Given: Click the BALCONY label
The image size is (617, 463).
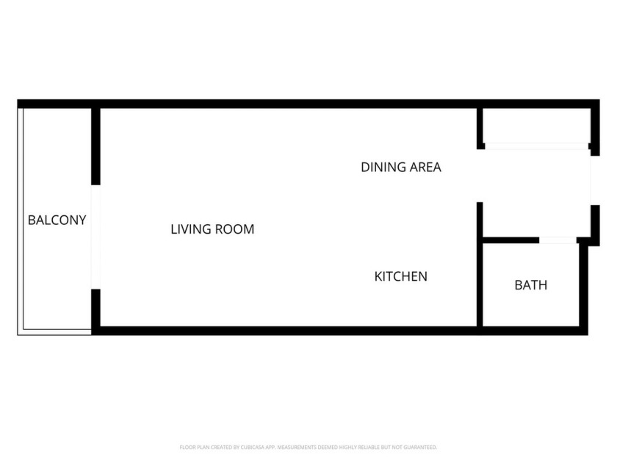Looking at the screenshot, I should [x=57, y=220].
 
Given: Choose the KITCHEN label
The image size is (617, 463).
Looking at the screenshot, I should [x=401, y=277].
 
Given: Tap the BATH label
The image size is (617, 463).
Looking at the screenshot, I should [x=530, y=285].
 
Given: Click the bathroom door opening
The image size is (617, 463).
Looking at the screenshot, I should [x=558, y=240].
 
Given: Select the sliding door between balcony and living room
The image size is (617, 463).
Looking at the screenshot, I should [x=95, y=237].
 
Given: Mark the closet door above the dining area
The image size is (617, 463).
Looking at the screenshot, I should [x=536, y=146].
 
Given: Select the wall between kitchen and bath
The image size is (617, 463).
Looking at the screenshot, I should [x=480, y=283].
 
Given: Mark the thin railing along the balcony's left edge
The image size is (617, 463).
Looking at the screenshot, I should [x=21, y=220].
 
